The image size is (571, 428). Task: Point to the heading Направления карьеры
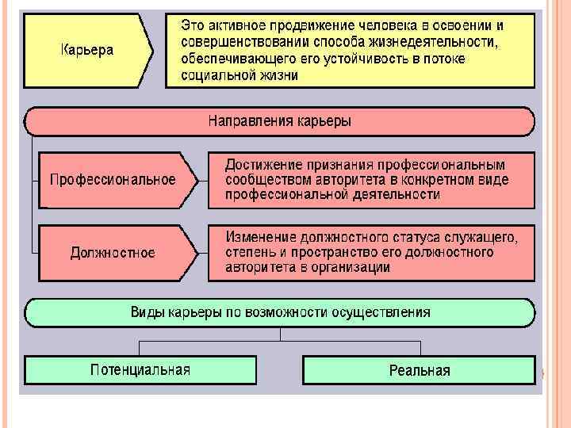click(279, 121)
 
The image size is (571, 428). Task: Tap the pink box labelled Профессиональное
click(113, 179)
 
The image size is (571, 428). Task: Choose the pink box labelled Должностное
click(113, 253)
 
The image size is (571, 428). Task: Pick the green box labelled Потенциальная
click(140, 369)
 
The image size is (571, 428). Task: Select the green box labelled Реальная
click(420, 370)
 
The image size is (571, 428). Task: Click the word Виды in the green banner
click(147, 311)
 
